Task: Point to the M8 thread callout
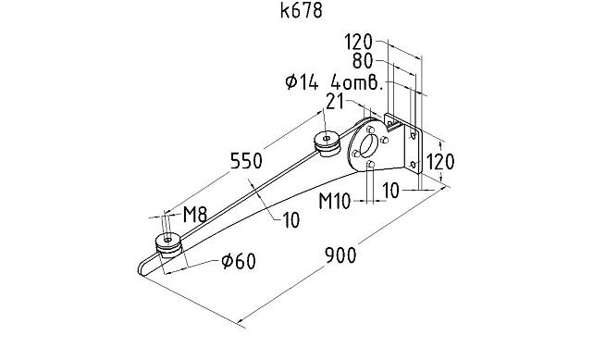click(x=193, y=216)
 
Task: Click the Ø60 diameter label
click(x=238, y=262)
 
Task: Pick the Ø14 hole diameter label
click(x=302, y=82)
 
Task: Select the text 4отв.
click(x=357, y=82)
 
